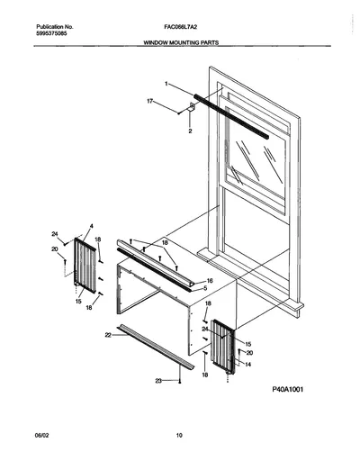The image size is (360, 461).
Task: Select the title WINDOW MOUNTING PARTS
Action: (x=181, y=42)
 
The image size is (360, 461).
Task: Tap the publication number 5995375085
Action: (x=51, y=33)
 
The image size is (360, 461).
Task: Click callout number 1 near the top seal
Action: (x=166, y=84)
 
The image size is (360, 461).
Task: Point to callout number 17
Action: (x=150, y=102)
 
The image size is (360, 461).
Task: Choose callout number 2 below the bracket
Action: (x=190, y=131)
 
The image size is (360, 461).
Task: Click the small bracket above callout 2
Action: (x=192, y=106)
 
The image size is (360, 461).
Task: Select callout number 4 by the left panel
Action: (x=92, y=226)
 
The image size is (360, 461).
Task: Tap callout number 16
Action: (x=210, y=281)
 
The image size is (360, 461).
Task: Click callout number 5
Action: (x=205, y=288)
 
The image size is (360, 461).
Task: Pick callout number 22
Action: (x=108, y=335)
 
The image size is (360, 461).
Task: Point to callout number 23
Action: (x=158, y=381)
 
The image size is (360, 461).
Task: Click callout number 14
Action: (x=248, y=365)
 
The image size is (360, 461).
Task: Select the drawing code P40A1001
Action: (x=287, y=389)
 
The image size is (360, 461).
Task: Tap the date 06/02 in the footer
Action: (x=41, y=435)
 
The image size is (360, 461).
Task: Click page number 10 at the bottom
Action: (x=179, y=435)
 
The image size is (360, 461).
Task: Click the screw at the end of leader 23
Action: (x=180, y=382)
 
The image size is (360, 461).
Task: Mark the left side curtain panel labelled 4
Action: (x=85, y=266)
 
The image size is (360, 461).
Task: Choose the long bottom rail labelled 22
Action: (x=156, y=347)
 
